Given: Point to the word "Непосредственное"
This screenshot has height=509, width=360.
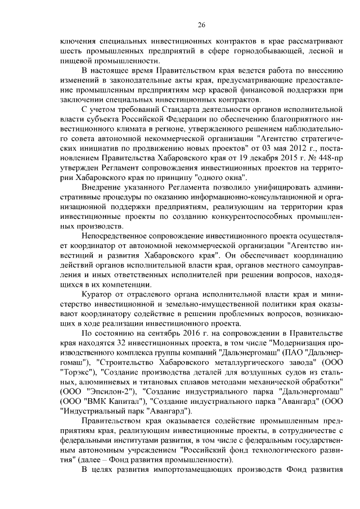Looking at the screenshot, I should coord(115,236).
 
